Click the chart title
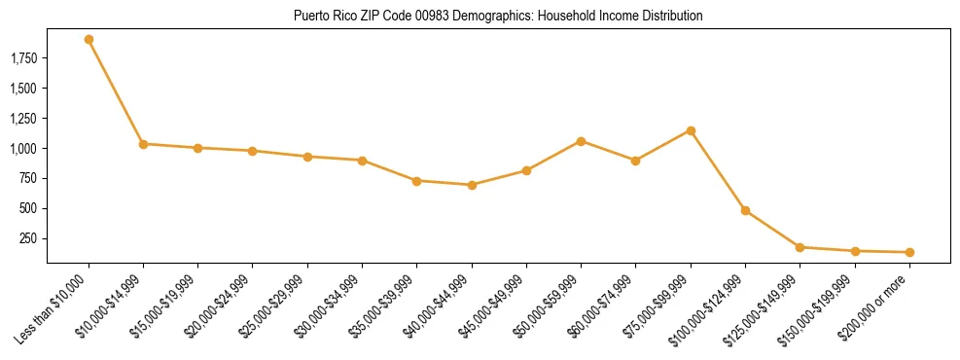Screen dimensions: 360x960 tap(498, 17)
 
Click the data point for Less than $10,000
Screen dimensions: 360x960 tap(89, 40)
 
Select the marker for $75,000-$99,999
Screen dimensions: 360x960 tap(691, 130)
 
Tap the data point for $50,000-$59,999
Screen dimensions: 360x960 tap(581, 141)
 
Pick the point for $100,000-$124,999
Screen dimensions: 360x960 tap(745, 210)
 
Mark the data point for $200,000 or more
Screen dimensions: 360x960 tap(909, 252)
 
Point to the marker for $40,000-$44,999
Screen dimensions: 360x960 tap(472, 185)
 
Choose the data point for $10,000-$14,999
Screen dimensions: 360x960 tap(143, 144)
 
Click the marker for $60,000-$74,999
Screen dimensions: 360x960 tap(635, 161)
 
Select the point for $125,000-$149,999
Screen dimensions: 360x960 tap(800, 247)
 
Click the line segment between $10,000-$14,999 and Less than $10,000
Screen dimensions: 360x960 tap(116, 91)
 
